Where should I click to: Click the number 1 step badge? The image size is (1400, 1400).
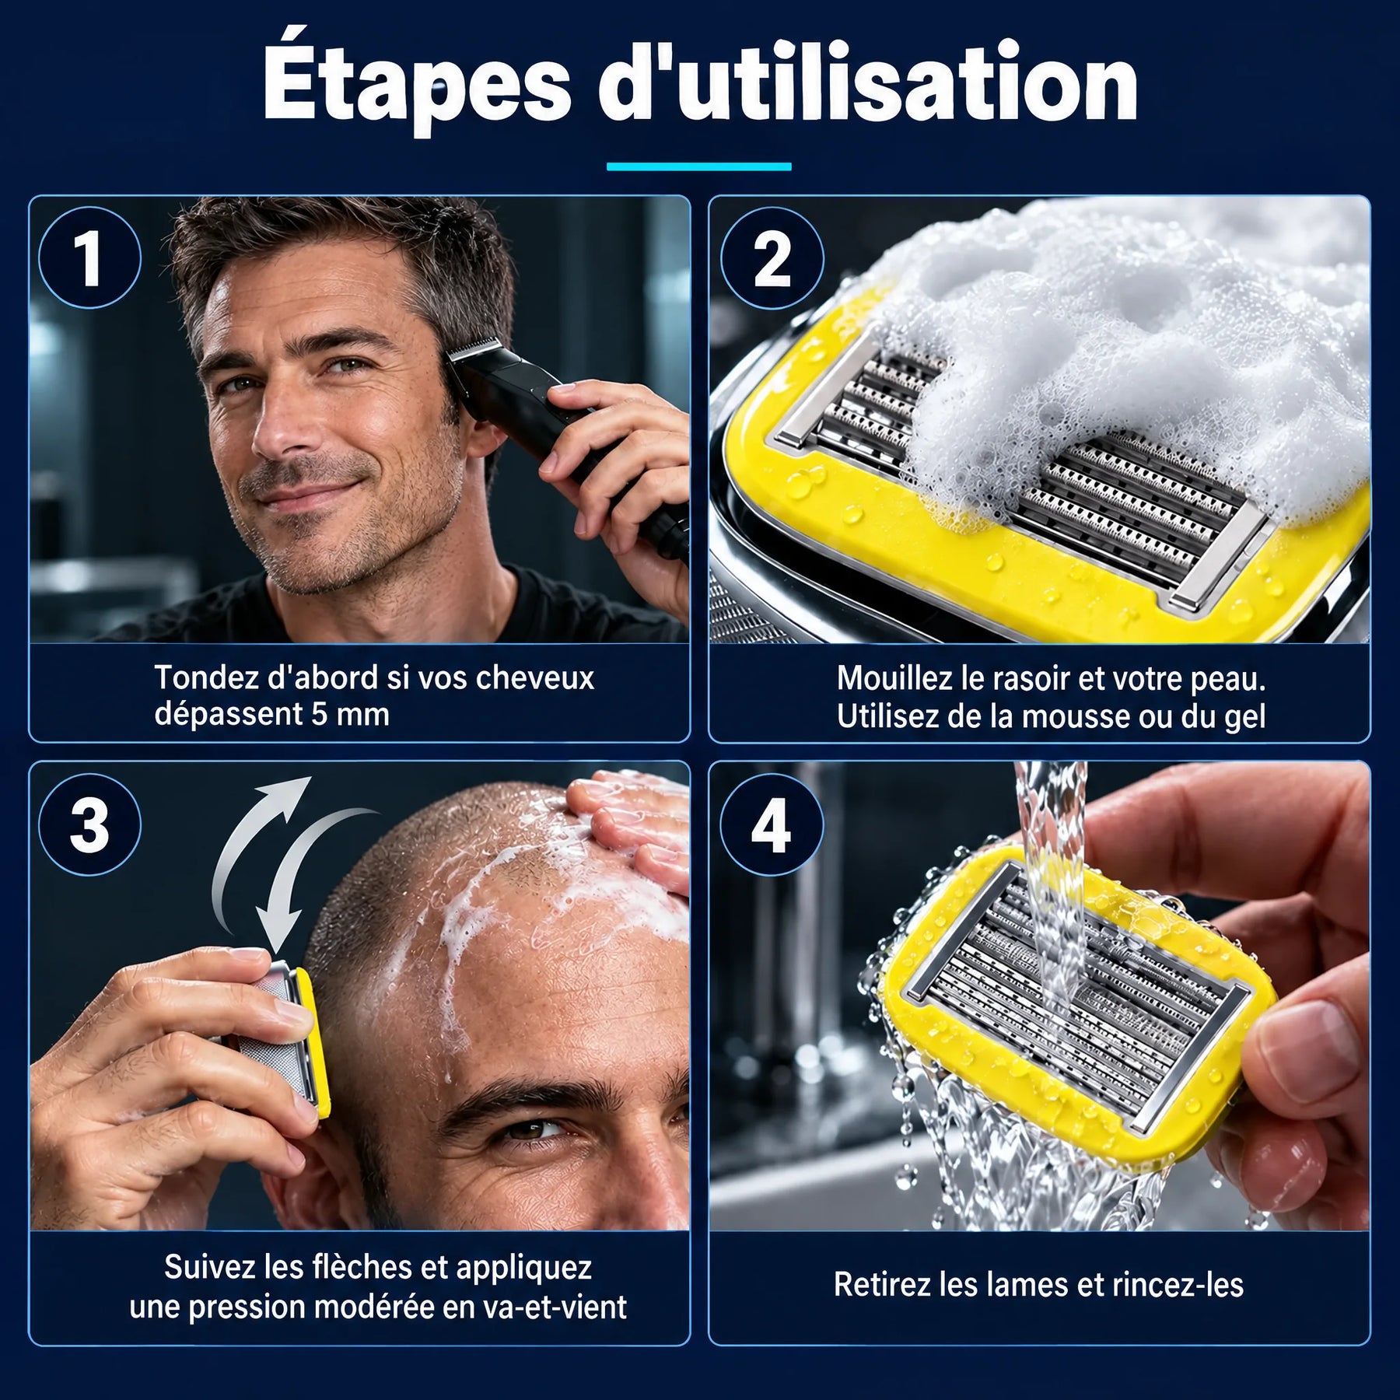89,258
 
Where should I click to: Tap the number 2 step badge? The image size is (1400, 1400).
772,258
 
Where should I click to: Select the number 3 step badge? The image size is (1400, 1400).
89,824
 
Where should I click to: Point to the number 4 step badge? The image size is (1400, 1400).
772,824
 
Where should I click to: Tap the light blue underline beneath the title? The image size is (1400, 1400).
699,166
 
